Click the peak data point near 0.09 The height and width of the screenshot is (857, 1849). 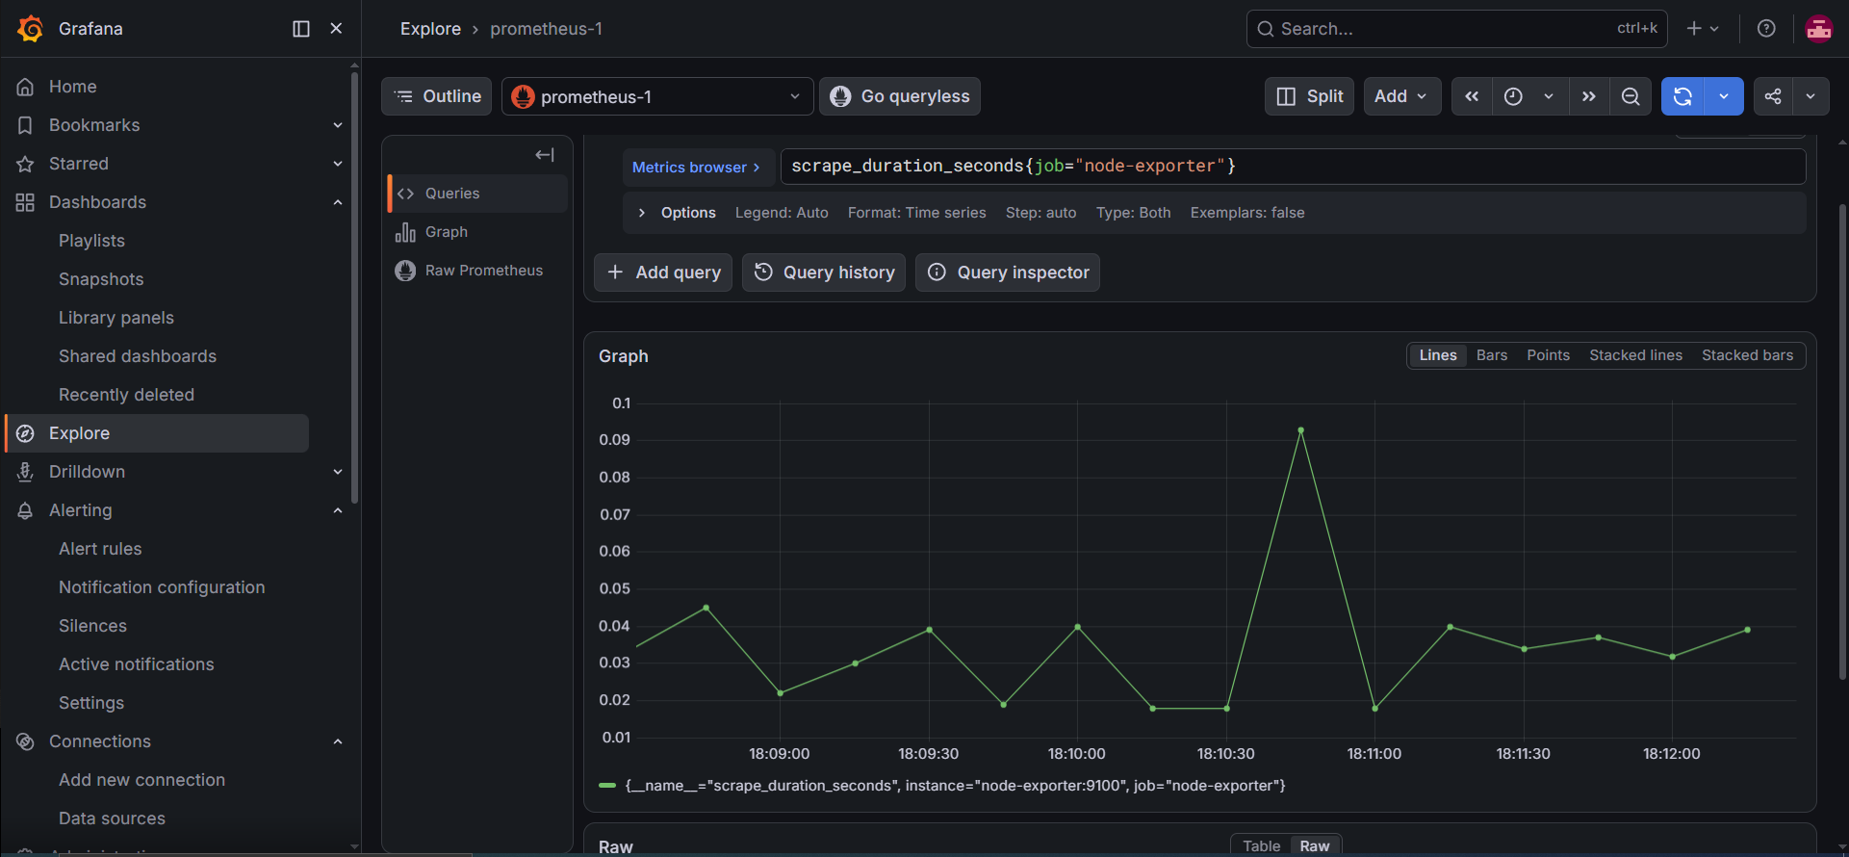pos(1300,430)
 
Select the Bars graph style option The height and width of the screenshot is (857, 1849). pos(1492,355)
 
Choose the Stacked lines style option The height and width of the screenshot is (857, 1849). pos(1635,355)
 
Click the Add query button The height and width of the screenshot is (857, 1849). pos(663,273)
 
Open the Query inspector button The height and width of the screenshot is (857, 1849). pos(1008,273)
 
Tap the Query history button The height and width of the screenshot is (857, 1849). pos(824,273)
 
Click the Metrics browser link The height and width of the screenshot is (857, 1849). pos(697,168)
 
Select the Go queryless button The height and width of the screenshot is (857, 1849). pos(900,96)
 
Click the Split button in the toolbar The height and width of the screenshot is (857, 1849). pos(1310,96)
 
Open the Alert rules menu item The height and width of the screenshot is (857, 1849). pos(100,549)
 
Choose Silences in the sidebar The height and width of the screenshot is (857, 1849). pos(92,626)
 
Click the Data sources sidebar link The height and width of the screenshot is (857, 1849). pos(112,818)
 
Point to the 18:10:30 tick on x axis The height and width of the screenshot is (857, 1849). pos(1225,754)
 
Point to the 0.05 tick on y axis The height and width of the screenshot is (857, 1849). pos(615,588)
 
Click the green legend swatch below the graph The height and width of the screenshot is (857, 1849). pos(607,786)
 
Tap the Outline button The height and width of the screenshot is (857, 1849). pos(437,96)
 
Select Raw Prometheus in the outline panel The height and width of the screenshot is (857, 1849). pos(483,271)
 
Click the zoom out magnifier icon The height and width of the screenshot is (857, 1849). pos(1631,96)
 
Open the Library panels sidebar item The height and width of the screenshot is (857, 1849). pos(116,318)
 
